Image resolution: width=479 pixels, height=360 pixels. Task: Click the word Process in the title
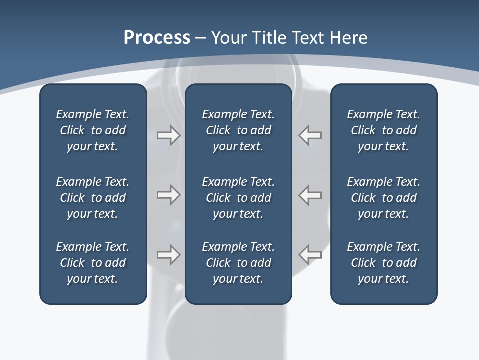click(x=157, y=38)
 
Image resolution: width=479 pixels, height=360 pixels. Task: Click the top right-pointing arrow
click(x=168, y=135)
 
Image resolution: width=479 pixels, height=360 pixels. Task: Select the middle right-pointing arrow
click(x=168, y=195)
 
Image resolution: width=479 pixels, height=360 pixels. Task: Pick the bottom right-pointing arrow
click(x=168, y=255)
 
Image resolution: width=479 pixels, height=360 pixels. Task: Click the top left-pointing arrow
click(x=310, y=135)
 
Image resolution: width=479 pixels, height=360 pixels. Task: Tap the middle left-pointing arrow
click(x=310, y=195)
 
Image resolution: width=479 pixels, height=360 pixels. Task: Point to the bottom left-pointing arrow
click(x=310, y=255)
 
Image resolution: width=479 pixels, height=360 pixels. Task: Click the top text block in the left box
click(x=93, y=130)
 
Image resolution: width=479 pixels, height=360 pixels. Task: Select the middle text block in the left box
click(x=93, y=198)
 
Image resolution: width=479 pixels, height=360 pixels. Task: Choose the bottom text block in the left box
click(x=93, y=263)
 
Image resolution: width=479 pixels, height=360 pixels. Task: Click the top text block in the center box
click(x=238, y=130)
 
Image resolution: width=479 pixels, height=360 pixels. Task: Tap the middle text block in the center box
click(x=238, y=198)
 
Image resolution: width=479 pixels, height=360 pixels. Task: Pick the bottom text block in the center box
click(x=238, y=263)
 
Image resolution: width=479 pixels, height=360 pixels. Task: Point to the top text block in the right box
click(x=383, y=130)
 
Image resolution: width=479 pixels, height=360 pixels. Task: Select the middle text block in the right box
click(x=383, y=198)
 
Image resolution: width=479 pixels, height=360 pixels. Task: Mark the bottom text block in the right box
click(x=383, y=263)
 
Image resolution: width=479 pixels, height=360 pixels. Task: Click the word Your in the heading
click(x=228, y=38)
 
